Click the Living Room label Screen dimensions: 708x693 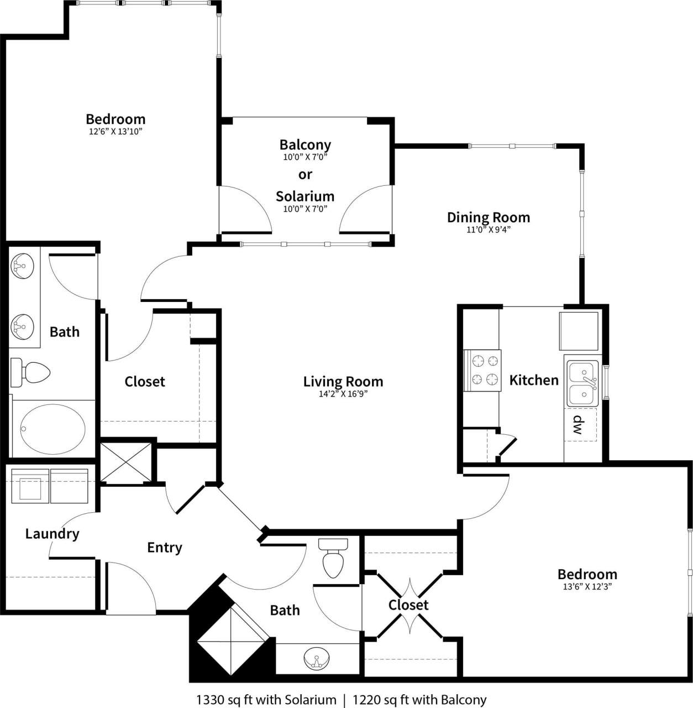(343, 381)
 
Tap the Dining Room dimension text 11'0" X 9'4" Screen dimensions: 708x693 (488, 230)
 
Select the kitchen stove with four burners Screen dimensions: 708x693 (483, 371)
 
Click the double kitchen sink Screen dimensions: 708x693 (582, 384)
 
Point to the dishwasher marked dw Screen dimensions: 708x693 (580, 425)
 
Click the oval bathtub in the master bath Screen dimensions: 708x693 (53, 429)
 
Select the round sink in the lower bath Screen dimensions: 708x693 (316, 659)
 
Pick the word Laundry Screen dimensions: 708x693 (53, 534)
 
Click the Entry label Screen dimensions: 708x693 (164, 547)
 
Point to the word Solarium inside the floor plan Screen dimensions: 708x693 (305, 196)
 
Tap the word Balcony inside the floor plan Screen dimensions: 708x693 (305, 144)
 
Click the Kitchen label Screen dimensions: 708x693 (534, 380)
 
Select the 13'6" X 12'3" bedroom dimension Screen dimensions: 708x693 (587, 587)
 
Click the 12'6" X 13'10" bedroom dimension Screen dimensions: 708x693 (116, 132)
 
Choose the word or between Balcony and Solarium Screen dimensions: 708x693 (305, 174)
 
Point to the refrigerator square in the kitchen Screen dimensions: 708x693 (579, 331)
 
